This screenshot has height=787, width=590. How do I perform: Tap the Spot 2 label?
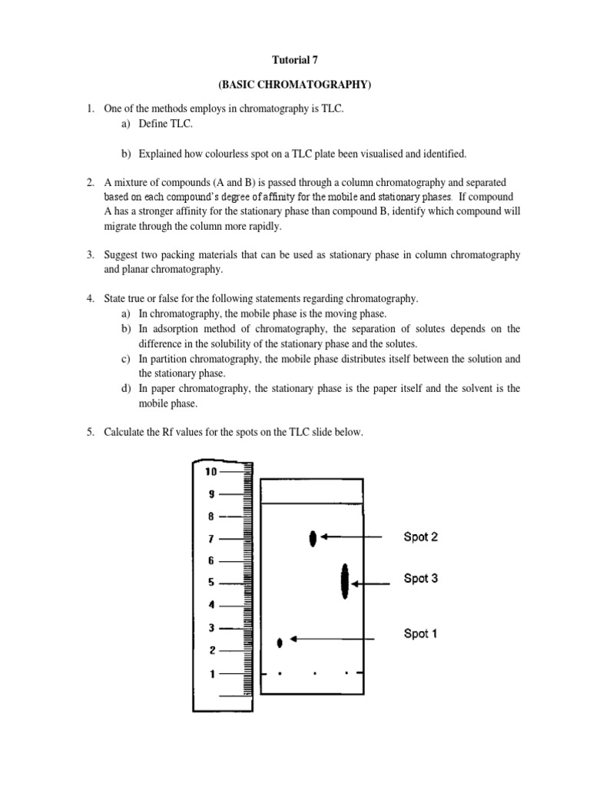[x=421, y=537]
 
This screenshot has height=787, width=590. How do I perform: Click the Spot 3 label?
[x=421, y=578]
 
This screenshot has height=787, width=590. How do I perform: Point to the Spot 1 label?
[x=421, y=633]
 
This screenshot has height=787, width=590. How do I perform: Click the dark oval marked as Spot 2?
[x=313, y=539]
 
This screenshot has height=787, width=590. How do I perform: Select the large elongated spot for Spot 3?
[x=345, y=581]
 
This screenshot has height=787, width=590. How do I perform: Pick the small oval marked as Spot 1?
[x=280, y=642]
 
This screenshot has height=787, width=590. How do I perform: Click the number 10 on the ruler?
[x=210, y=472]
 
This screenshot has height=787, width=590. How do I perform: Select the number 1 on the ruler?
[x=212, y=673]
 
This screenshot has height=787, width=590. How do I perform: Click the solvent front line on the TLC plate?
[x=311, y=503]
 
